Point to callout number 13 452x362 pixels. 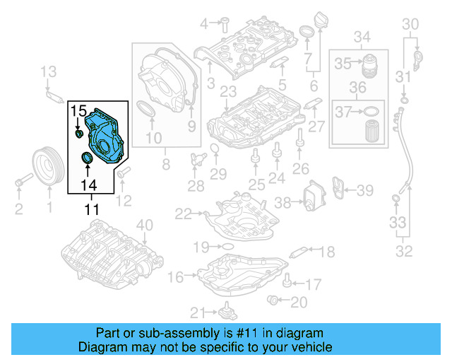(x=47, y=71)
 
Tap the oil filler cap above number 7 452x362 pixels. (x=308, y=33)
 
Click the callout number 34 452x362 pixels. (x=362, y=36)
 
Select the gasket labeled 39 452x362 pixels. (x=339, y=189)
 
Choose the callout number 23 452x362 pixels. (x=227, y=91)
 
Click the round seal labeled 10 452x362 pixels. (x=147, y=112)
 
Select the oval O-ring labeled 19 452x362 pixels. (x=227, y=247)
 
